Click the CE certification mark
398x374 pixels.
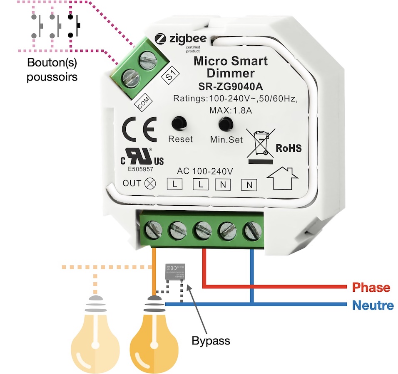point(139,129)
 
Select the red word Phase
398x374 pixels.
point(371,288)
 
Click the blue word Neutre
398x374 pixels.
point(373,306)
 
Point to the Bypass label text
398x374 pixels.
point(211,341)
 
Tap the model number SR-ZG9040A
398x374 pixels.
point(231,88)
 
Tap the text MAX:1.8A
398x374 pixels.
point(231,111)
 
